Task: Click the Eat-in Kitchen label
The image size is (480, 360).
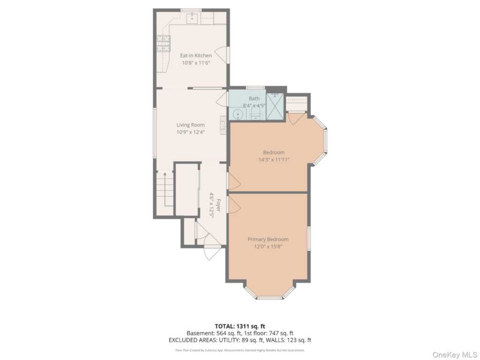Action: click(x=196, y=55)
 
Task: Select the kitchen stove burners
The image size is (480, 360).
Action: click(x=163, y=43)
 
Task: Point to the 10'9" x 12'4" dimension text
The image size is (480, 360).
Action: click(x=190, y=132)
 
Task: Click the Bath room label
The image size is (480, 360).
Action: click(x=254, y=98)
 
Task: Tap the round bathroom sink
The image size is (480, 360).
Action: click(x=238, y=114)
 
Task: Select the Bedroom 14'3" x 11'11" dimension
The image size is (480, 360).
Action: click(x=274, y=159)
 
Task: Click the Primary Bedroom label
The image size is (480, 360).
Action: click(x=268, y=239)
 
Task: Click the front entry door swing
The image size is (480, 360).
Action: click(x=212, y=253)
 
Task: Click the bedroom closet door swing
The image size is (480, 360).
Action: click(x=296, y=118)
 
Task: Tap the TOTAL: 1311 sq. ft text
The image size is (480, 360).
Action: click(x=240, y=326)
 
